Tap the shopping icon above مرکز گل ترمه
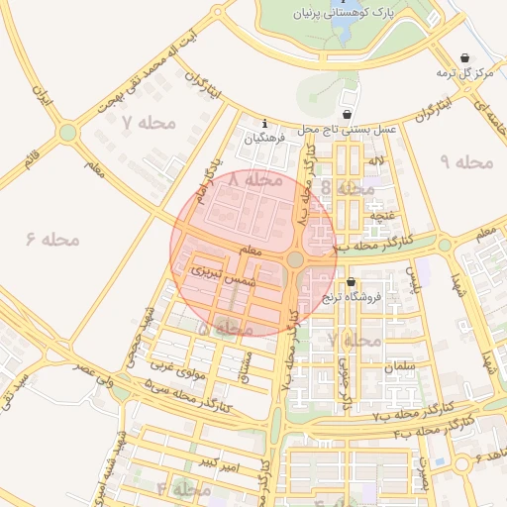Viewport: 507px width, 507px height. pyautogui.click(x=466, y=57)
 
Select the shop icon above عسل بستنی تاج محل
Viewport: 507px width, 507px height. pyautogui.click(x=348, y=112)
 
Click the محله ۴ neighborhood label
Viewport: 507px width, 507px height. pyautogui.click(x=183, y=489)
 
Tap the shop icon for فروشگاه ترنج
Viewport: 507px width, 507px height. pyautogui.click(x=350, y=282)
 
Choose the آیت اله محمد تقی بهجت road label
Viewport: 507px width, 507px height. pyautogui.click(x=145, y=76)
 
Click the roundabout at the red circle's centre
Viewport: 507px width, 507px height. pyautogui.click(x=295, y=259)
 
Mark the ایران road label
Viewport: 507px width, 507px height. pyautogui.click(x=42, y=96)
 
